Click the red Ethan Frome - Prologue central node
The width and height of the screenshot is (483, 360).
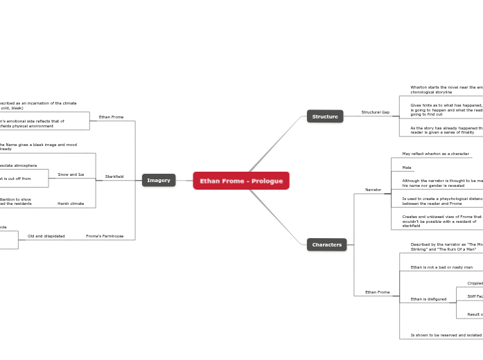tap(241, 181)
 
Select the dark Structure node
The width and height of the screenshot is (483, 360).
tap(324, 116)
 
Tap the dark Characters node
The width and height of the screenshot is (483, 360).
tap(326, 244)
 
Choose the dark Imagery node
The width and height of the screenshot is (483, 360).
tap(159, 180)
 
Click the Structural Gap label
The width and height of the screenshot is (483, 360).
tap(375, 112)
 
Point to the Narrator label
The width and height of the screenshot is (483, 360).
tap(373, 190)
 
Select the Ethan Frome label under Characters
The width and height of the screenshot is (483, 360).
tap(377, 292)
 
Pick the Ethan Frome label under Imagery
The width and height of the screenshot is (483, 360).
tap(111, 117)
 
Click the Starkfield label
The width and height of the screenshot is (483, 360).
tap(114, 177)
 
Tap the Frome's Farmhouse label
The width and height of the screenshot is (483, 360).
tap(105, 236)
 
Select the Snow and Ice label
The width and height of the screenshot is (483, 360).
tap(71, 174)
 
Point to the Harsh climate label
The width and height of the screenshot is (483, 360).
tap(71, 204)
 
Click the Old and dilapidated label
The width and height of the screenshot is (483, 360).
tap(46, 236)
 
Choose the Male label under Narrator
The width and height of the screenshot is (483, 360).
tap(407, 168)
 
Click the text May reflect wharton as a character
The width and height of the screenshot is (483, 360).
tap(435, 154)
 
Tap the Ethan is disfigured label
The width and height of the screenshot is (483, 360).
tap(428, 299)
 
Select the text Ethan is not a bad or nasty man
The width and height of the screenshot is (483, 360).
tap(441, 267)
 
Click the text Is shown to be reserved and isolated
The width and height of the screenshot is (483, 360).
tap(446, 335)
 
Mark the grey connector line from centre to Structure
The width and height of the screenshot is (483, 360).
tap(277, 143)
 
